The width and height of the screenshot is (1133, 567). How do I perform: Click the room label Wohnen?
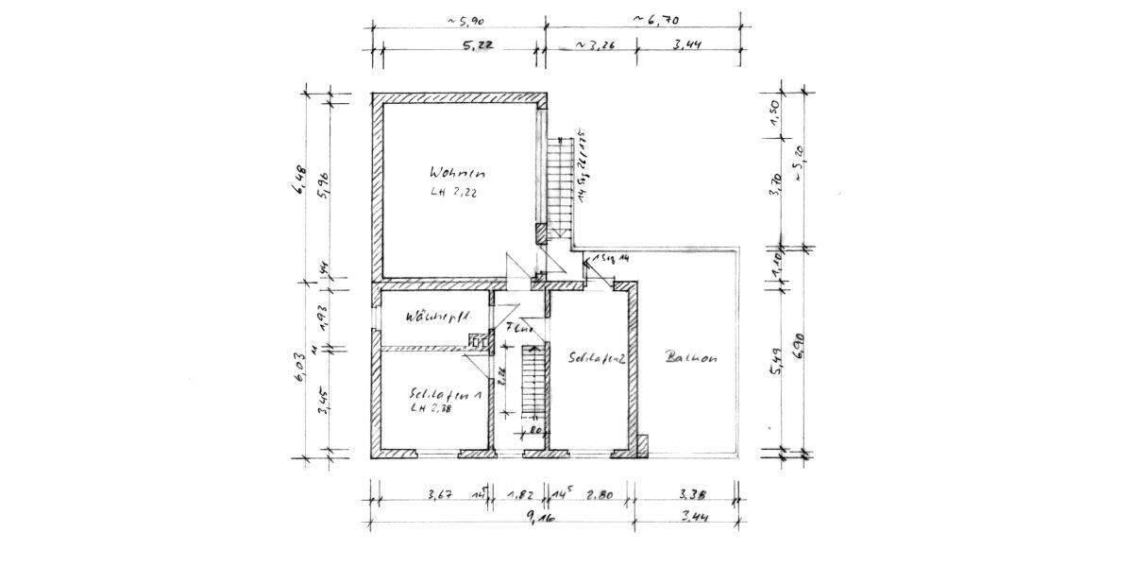click(x=457, y=174)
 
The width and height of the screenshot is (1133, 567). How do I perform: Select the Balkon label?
click(x=692, y=358)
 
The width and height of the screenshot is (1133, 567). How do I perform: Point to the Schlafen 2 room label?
click(x=599, y=358)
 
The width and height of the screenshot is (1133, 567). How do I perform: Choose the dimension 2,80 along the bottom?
click(x=600, y=494)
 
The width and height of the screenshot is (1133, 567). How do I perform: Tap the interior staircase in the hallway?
click(x=534, y=383)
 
